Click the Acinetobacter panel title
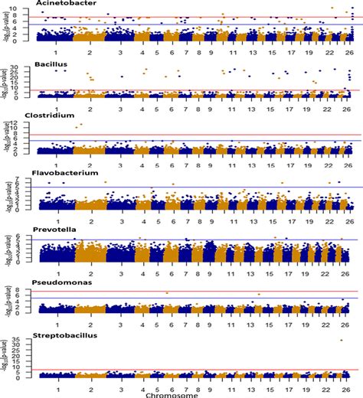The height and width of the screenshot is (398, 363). tap(57, 4)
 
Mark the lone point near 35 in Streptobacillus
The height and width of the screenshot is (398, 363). tap(342, 340)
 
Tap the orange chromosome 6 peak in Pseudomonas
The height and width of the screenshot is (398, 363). tap(167, 293)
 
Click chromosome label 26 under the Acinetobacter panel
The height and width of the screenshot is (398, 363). tap(347, 51)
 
